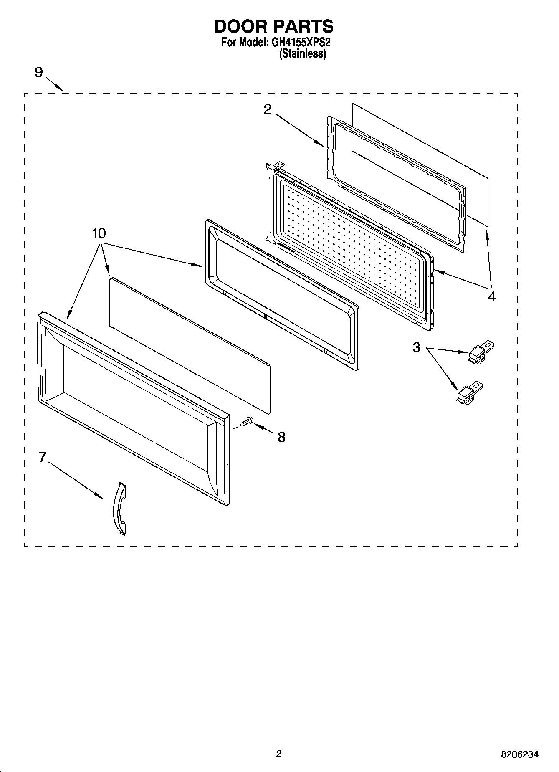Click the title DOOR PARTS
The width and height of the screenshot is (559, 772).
[273, 26]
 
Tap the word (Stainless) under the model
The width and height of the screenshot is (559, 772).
[302, 54]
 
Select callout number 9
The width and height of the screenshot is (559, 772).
[38, 73]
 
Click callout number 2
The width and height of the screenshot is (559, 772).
[268, 109]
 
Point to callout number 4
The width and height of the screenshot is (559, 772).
[492, 296]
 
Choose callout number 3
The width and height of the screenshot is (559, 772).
[416, 347]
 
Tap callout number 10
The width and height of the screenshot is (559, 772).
[99, 234]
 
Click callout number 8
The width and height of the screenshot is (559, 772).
[281, 437]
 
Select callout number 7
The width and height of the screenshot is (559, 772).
[42, 457]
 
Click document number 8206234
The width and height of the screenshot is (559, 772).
[519, 754]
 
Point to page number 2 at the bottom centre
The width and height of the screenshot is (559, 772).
[279, 754]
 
